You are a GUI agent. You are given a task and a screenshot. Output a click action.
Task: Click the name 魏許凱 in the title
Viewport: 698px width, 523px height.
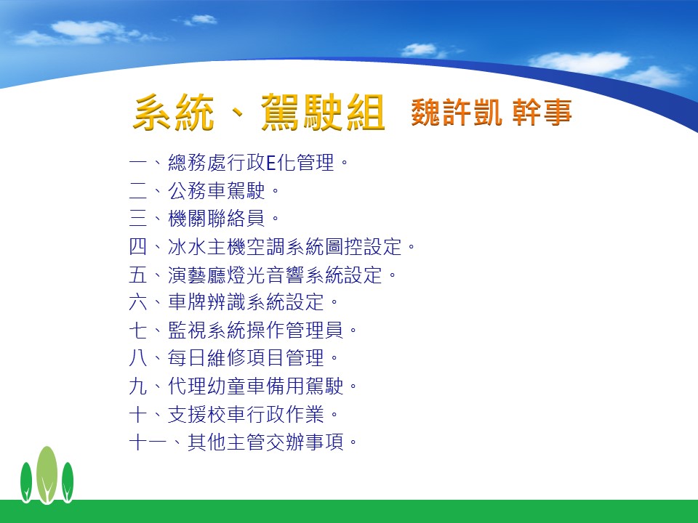click(x=457, y=112)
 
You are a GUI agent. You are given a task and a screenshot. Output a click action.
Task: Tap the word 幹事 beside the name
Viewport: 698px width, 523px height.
click(x=542, y=112)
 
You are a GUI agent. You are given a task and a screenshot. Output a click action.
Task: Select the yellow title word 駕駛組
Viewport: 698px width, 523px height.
click(x=323, y=112)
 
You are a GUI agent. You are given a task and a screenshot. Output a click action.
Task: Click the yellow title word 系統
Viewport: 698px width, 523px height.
click(x=174, y=112)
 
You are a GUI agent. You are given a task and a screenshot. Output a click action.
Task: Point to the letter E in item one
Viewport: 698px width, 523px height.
click(x=271, y=163)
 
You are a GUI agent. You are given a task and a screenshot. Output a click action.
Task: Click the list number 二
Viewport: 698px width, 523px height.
click(x=138, y=191)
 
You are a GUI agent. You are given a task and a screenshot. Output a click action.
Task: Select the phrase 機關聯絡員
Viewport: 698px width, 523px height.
click(x=217, y=219)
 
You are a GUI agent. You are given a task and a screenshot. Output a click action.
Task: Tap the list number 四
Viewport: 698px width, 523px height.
click(x=138, y=247)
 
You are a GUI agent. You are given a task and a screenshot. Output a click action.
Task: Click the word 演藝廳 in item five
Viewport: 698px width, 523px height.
click(x=197, y=275)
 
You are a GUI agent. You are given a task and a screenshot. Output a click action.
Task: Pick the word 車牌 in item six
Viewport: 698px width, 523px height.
click(x=188, y=302)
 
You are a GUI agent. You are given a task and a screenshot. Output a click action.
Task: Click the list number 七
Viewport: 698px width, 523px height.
click(x=138, y=331)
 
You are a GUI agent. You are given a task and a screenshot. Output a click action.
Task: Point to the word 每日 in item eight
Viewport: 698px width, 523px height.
click(x=188, y=358)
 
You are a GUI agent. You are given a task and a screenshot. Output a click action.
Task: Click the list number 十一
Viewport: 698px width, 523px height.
click(x=148, y=442)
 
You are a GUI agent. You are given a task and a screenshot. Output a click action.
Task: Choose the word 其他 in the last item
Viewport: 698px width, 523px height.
click(x=207, y=442)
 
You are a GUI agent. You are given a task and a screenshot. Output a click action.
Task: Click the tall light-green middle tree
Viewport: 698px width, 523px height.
click(x=47, y=474)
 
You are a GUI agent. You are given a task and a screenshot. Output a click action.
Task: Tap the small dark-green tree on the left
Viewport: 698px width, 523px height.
click(x=26, y=482)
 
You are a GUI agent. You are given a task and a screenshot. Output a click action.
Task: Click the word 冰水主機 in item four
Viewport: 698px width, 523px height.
click(x=207, y=247)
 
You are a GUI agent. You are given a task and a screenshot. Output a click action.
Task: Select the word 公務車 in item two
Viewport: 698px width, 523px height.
click(x=197, y=191)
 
